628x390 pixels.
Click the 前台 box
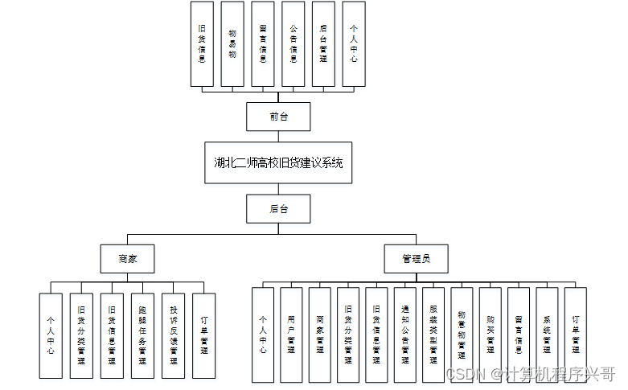pyautogui.click(x=278, y=117)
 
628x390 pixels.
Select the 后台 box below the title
pyautogui.click(x=278, y=209)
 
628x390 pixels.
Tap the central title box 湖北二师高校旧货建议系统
pyautogui.click(x=278, y=162)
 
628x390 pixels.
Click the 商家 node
pyautogui.click(x=127, y=259)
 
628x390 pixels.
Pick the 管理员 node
pyautogui.click(x=417, y=259)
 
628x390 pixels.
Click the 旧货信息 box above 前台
pyautogui.click(x=202, y=43)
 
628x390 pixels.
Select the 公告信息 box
pyautogui.click(x=293, y=43)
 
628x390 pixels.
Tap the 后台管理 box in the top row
pyautogui.click(x=323, y=43)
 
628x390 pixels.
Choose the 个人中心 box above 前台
pyautogui.click(x=354, y=43)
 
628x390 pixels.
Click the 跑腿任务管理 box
pyautogui.click(x=142, y=335)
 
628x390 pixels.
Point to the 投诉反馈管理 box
pyautogui.click(x=173, y=335)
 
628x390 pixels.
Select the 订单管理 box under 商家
pyautogui.click(x=203, y=335)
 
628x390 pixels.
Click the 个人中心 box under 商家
pyautogui.click(x=51, y=335)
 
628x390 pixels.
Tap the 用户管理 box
pyautogui.click(x=291, y=335)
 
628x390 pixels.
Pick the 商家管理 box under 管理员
pyautogui.click(x=319, y=335)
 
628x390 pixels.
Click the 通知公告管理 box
pyautogui.click(x=404, y=335)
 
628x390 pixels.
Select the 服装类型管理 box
pyautogui.click(x=433, y=335)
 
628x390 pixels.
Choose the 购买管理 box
pyautogui.click(x=490, y=335)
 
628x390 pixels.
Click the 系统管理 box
pyautogui.click(x=547, y=335)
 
